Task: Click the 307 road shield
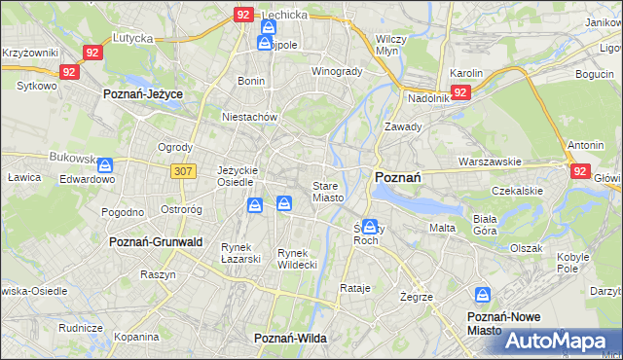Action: click(x=185, y=170)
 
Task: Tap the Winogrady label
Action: click(x=336, y=71)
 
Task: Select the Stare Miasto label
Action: click(x=327, y=191)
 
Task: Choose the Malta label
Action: click(x=442, y=228)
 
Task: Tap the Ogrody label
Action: click(x=174, y=149)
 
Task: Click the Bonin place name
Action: click(x=251, y=81)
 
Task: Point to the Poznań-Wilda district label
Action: click(x=289, y=338)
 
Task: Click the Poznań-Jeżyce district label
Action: click(x=143, y=93)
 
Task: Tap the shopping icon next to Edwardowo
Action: click(x=105, y=165)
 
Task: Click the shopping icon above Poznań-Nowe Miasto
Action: click(x=483, y=294)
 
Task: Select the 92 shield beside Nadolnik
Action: click(x=461, y=92)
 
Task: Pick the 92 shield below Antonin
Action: click(x=580, y=171)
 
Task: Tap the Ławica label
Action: click(x=21, y=178)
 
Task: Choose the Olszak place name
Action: click(x=526, y=248)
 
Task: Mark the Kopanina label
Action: click(x=136, y=337)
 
